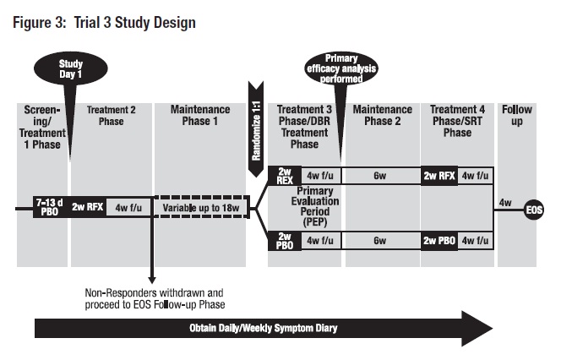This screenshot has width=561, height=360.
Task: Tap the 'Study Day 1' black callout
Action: pos(70,70)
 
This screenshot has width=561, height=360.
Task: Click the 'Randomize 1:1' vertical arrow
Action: pos(255,127)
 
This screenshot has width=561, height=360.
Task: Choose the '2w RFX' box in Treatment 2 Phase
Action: pos(88,206)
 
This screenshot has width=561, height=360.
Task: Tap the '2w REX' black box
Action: pos(283,175)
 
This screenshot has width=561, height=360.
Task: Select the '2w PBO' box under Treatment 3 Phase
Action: pos(283,240)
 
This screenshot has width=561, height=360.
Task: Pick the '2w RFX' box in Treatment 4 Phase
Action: pos(440,176)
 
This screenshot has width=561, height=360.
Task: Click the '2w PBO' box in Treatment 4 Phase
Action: pos(440,240)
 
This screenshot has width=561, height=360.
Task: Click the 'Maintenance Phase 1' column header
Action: pos(200,116)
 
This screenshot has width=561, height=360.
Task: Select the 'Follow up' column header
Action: pos(517,116)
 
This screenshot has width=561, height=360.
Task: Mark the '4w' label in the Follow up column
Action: pos(506,202)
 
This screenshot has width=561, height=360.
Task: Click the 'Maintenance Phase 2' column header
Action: pos(383,116)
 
